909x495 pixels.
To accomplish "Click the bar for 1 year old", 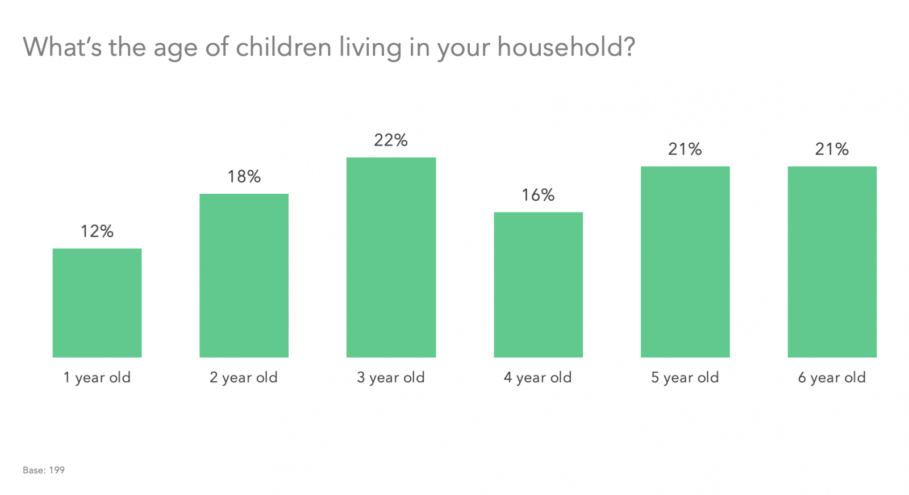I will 97,303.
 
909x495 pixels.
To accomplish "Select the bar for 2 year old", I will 244,276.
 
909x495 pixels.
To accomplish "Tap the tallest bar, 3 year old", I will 391,257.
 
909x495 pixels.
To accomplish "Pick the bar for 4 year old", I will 538,285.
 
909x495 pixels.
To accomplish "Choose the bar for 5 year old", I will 685,262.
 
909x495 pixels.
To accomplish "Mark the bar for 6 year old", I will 832,262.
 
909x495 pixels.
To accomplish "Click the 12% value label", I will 97,231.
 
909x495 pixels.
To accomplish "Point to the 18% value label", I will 244,177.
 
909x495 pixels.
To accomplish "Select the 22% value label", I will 391,140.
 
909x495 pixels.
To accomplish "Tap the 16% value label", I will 538,195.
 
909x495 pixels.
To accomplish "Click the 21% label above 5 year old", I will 685,149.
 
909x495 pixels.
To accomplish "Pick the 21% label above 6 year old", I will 832,149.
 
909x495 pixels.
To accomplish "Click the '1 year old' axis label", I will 97,377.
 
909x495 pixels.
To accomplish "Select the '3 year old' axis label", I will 391,377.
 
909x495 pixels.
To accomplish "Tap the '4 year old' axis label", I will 538,377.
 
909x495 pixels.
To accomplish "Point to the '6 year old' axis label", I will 832,377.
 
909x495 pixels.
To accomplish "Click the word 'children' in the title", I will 283,47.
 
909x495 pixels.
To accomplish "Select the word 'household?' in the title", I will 566,47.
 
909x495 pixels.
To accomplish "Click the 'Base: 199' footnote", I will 44,470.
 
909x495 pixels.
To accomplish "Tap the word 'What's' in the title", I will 62,47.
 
